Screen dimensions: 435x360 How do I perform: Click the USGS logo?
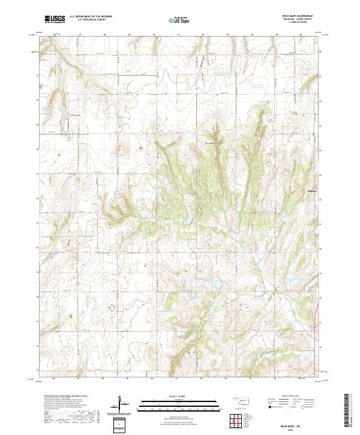[x=55, y=19]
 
